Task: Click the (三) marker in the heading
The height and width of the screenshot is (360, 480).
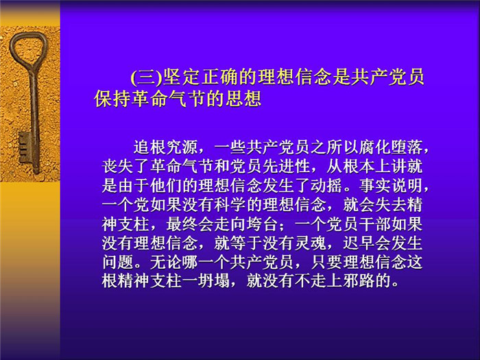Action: click(146, 77)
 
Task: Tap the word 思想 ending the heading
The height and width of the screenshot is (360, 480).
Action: click(243, 99)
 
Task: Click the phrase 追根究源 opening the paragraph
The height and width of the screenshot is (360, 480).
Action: click(165, 147)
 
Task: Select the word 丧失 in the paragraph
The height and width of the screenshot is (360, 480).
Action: click(118, 167)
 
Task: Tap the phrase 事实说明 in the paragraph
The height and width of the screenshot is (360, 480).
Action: click(391, 186)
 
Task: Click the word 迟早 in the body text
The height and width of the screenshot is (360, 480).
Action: click(359, 243)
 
